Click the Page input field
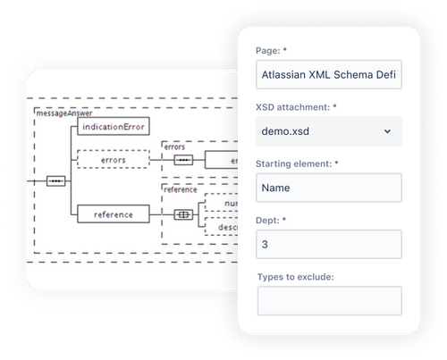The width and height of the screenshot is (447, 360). pos(328,75)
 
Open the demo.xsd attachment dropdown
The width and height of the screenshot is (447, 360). pos(328,130)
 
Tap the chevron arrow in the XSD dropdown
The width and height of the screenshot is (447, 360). pos(387,131)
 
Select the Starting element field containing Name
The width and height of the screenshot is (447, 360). pos(328,187)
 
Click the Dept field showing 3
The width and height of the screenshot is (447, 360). pos(328,244)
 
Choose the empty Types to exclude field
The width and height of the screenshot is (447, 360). pos(329,300)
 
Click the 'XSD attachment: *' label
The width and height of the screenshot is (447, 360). pos(296,105)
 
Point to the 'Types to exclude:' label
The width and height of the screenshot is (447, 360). pos(296,275)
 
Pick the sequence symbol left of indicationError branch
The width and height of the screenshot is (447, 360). pos(55,180)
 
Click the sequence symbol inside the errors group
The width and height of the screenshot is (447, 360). pos(183,160)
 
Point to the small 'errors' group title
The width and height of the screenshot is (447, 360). pos(173,146)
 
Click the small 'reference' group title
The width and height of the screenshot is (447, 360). pos(179,189)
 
